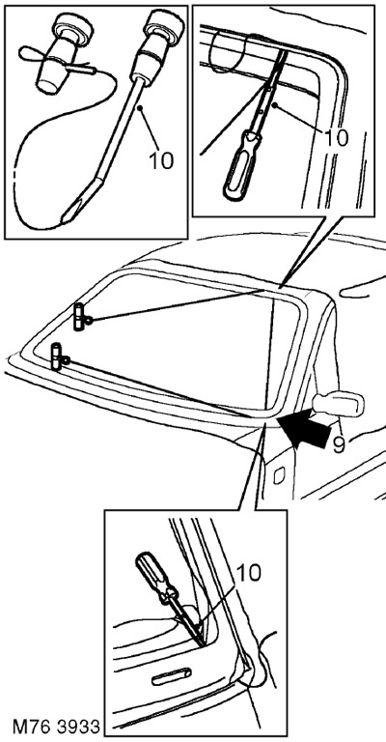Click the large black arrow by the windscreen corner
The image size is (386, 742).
(x=306, y=428)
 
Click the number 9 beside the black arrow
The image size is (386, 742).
(x=339, y=444)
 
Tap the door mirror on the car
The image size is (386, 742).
(x=339, y=404)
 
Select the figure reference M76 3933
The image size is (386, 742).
(x=56, y=727)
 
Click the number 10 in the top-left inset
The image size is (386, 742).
(x=161, y=160)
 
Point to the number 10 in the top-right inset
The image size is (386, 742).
(x=336, y=137)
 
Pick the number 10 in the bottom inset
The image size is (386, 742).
(x=248, y=573)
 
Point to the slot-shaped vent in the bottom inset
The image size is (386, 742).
(x=171, y=676)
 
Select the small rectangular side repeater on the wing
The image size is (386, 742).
(x=279, y=475)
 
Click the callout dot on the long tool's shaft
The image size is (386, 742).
(x=140, y=108)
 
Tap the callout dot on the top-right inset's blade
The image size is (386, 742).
(x=272, y=102)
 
